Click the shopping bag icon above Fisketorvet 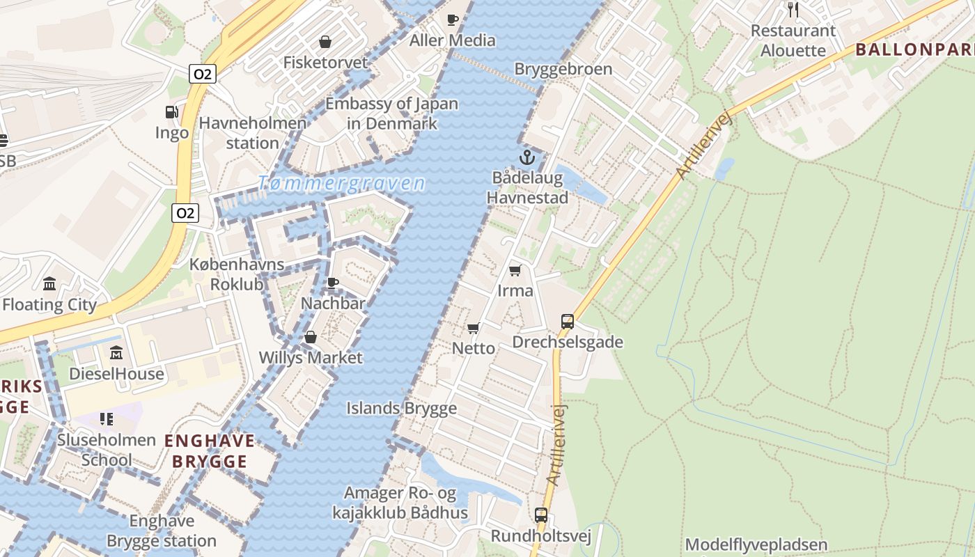click(x=325, y=42)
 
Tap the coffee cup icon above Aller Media click(x=453, y=19)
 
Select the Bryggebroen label click(x=563, y=69)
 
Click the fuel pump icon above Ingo click(x=171, y=111)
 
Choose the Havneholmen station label click(x=253, y=133)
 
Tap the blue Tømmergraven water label click(x=341, y=184)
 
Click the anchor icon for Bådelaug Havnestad click(x=526, y=157)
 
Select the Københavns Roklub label click(x=237, y=274)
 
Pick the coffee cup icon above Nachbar click(x=333, y=283)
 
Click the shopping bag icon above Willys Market click(x=311, y=338)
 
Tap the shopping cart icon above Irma click(x=515, y=270)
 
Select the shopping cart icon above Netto click(x=474, y=328)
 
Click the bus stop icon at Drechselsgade click(x=568, y=322)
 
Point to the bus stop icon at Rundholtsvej click(x=541, y=515)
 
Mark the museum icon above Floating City click(x=49, y=283)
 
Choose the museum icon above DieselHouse click(x=116, y=352)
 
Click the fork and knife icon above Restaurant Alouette click(x=793, y=10)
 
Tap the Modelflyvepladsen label click(x=756, y=544)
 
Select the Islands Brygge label click(x=402, y=409)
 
